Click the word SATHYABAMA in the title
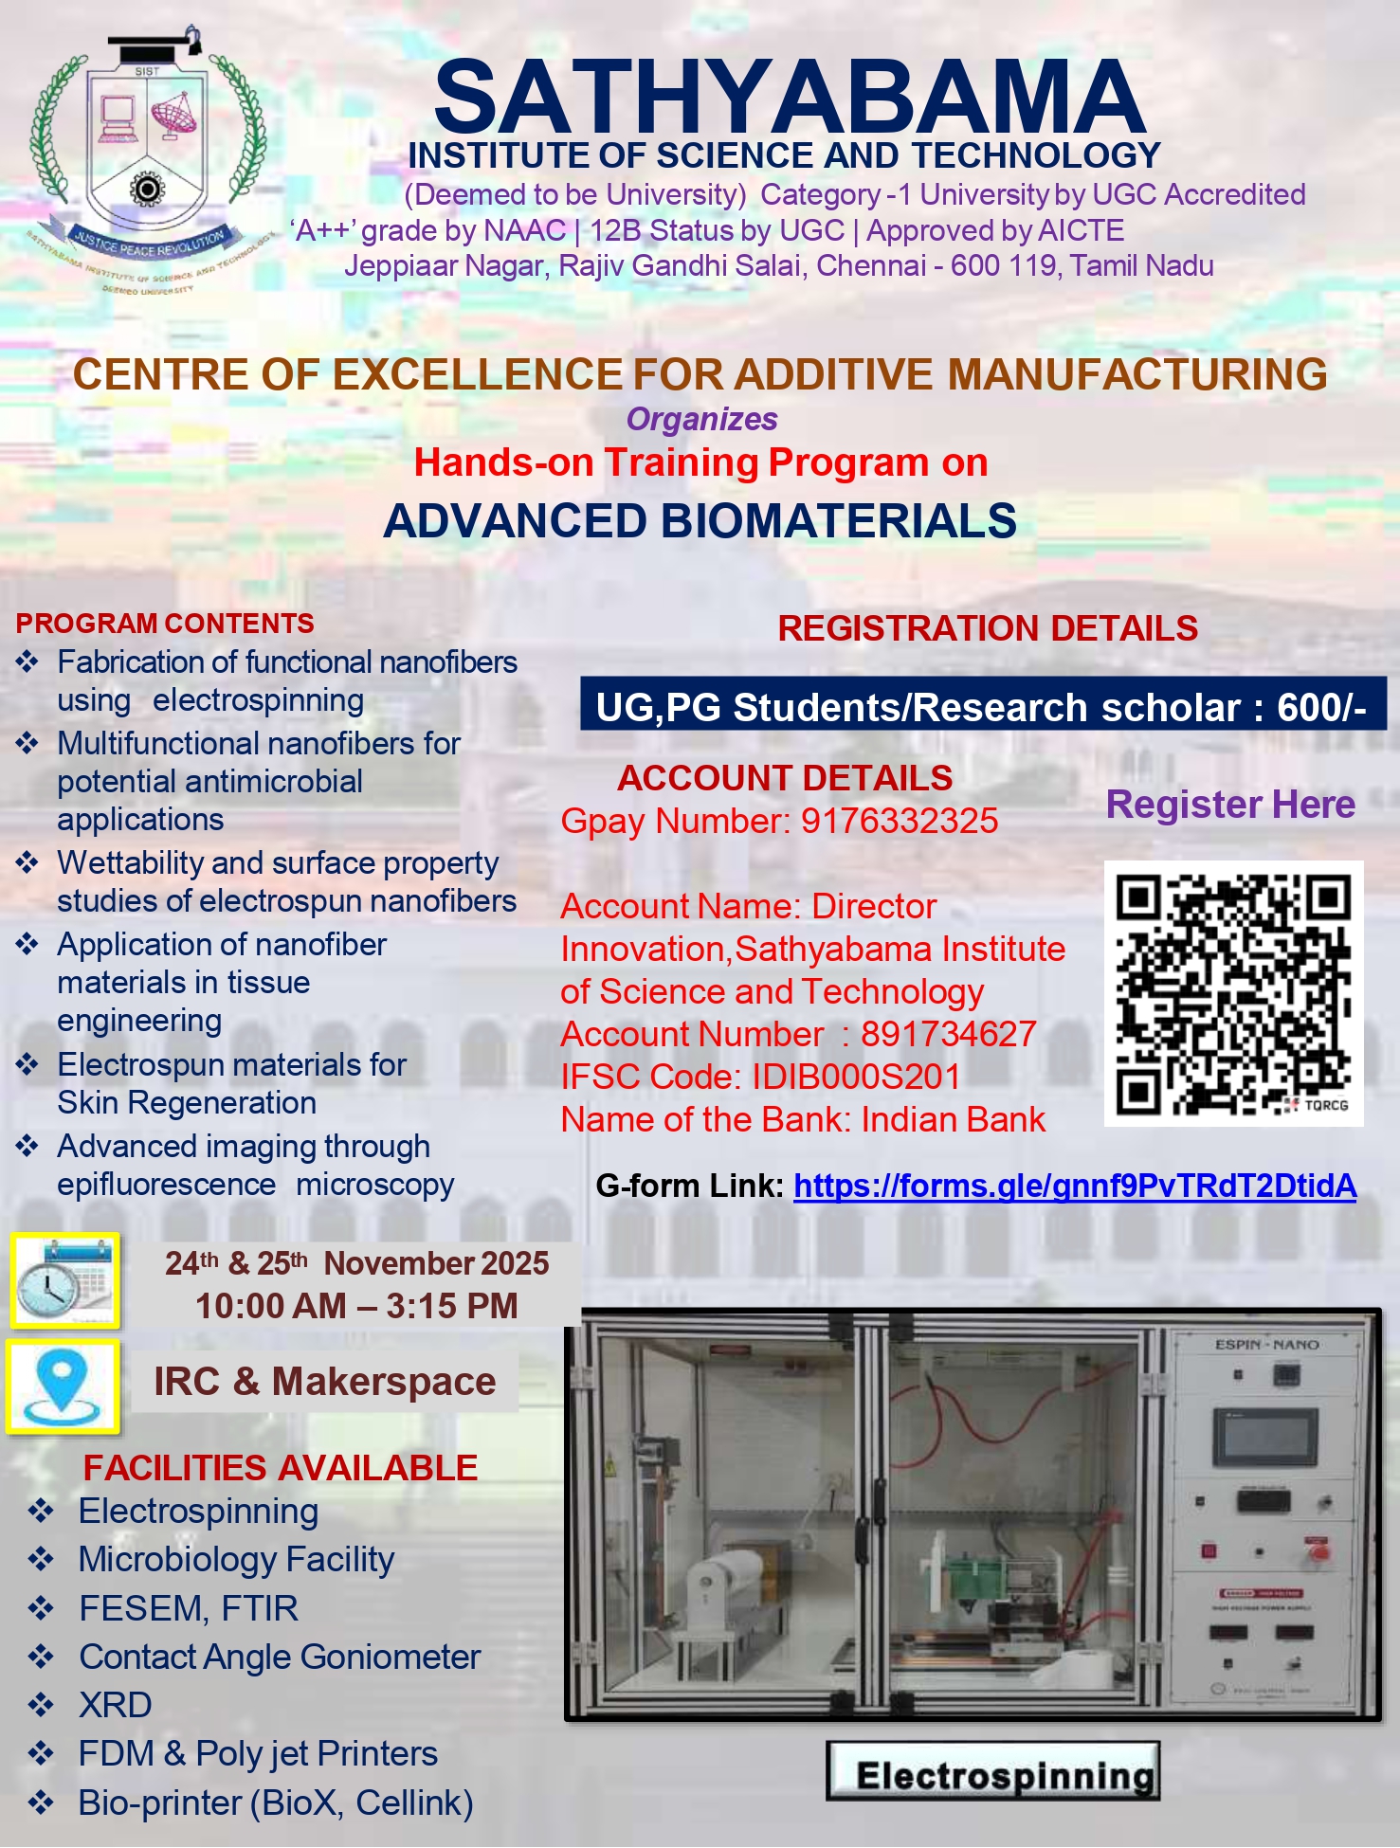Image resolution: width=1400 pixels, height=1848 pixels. [x=790, y=99]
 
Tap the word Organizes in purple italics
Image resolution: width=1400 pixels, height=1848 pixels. [x=701, y=419]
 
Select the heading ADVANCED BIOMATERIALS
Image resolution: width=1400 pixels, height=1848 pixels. [x=700, y=521]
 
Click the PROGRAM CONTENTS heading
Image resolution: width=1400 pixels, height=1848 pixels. [x=165, y=624]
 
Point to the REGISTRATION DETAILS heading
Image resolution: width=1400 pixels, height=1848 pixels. [x=988, y=628]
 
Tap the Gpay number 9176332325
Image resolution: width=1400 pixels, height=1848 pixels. [x=900, y=821]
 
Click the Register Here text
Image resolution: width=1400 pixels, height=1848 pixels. [x=1230, y=805]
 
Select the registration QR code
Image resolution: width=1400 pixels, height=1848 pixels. [x=1233, y=993]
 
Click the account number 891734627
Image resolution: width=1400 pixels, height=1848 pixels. [x=948, y=1034]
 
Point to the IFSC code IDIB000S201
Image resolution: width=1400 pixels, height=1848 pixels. [x=856, y=1077]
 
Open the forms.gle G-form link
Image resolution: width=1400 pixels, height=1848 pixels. [x=1075, y=1186]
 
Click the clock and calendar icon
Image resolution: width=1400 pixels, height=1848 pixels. [x=65, y=1280]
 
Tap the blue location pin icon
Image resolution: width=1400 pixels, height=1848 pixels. [x=63, y=1385]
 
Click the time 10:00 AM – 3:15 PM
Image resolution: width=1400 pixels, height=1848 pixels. [x=356, y=1306]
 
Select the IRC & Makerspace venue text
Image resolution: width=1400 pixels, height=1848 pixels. [x=324, y=1382]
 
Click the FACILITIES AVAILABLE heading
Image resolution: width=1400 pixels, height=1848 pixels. [x=280, y=1468]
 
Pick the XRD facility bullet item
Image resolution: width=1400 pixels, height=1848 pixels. [x=115, y=1705]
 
